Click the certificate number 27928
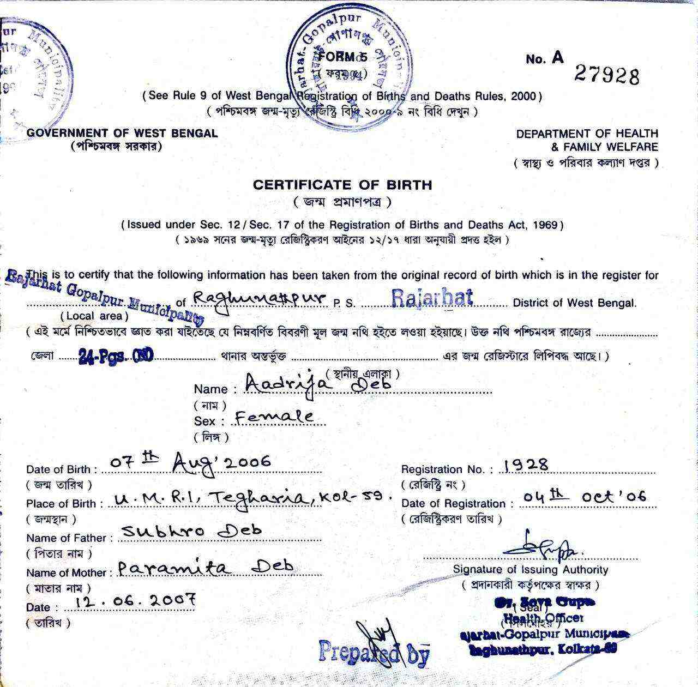click(606, 76)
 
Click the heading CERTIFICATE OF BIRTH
click(342, 185)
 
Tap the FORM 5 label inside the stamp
click(343, 57)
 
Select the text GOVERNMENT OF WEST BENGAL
click(122, 133)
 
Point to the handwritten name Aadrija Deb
click(318, 383)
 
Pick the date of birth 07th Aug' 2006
click(190, 463)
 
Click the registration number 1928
click(526, 465)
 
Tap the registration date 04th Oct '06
click(584, 497)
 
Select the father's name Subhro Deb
click(192, 530)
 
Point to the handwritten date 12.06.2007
click(136, 601)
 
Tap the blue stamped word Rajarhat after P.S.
click(432, 298)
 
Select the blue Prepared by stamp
click(374, 652)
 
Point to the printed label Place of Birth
click(61, 504)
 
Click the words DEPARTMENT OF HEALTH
click(587, 134)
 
